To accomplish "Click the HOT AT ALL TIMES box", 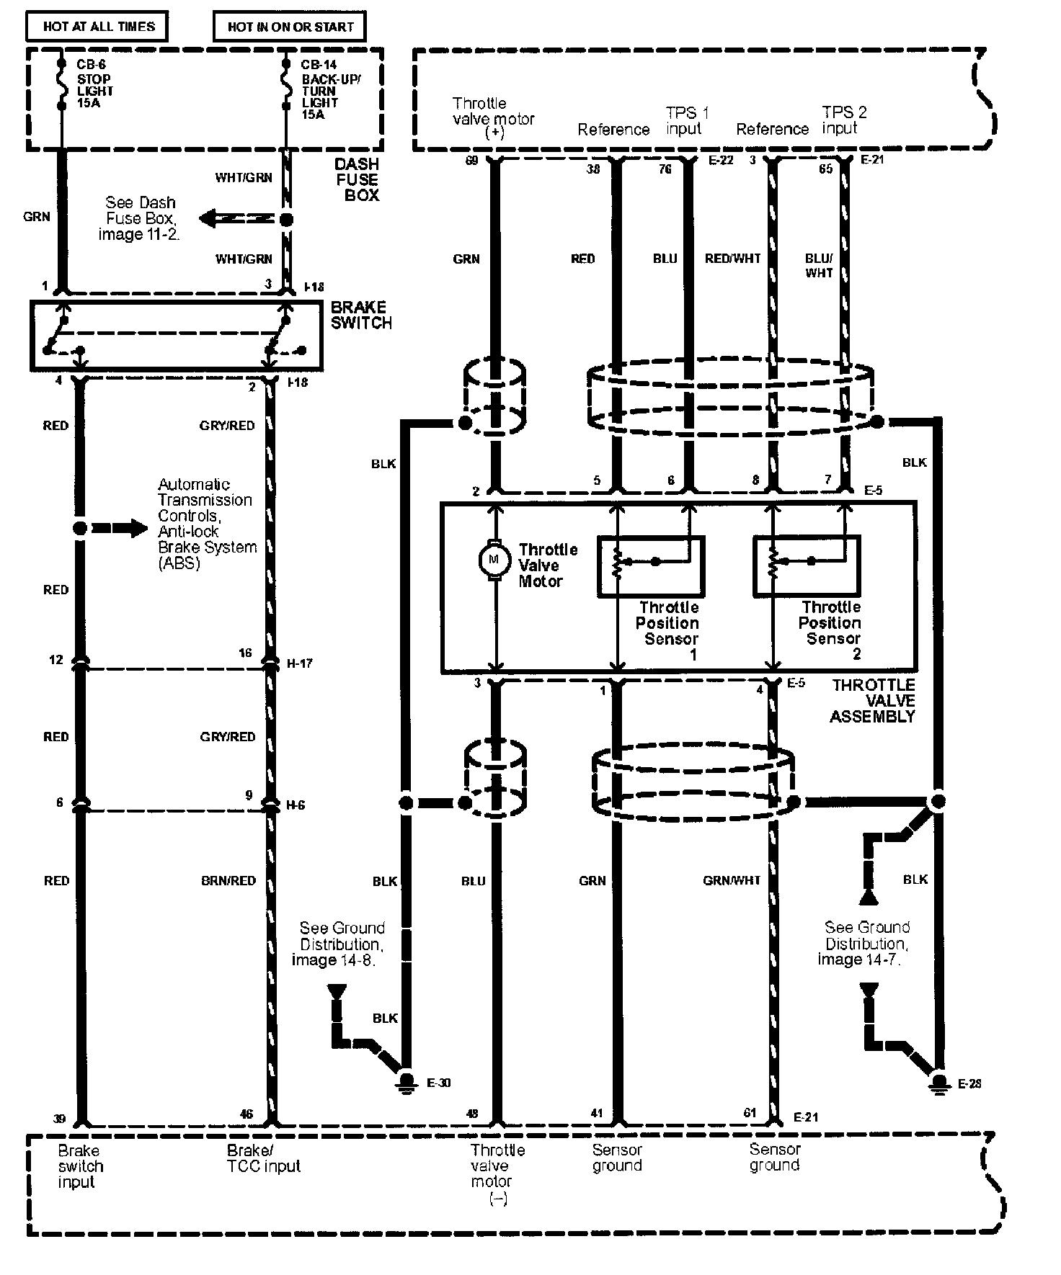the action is (97, 27).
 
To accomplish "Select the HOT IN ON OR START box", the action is (290, 27).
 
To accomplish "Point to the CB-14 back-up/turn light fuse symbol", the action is (287, 85).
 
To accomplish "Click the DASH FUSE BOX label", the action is (358, 179).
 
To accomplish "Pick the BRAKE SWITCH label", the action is (360, 316).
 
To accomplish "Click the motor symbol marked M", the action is (494, 559).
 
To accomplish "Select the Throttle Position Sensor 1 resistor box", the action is (650, 566).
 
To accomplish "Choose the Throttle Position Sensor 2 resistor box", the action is (806, 566).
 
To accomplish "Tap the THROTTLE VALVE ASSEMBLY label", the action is (872, 700).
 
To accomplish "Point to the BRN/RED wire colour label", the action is (228, 880).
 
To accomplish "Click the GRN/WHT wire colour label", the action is (732, 880).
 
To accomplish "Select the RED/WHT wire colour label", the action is (732, 259).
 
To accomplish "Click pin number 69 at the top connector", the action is (471, 160).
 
